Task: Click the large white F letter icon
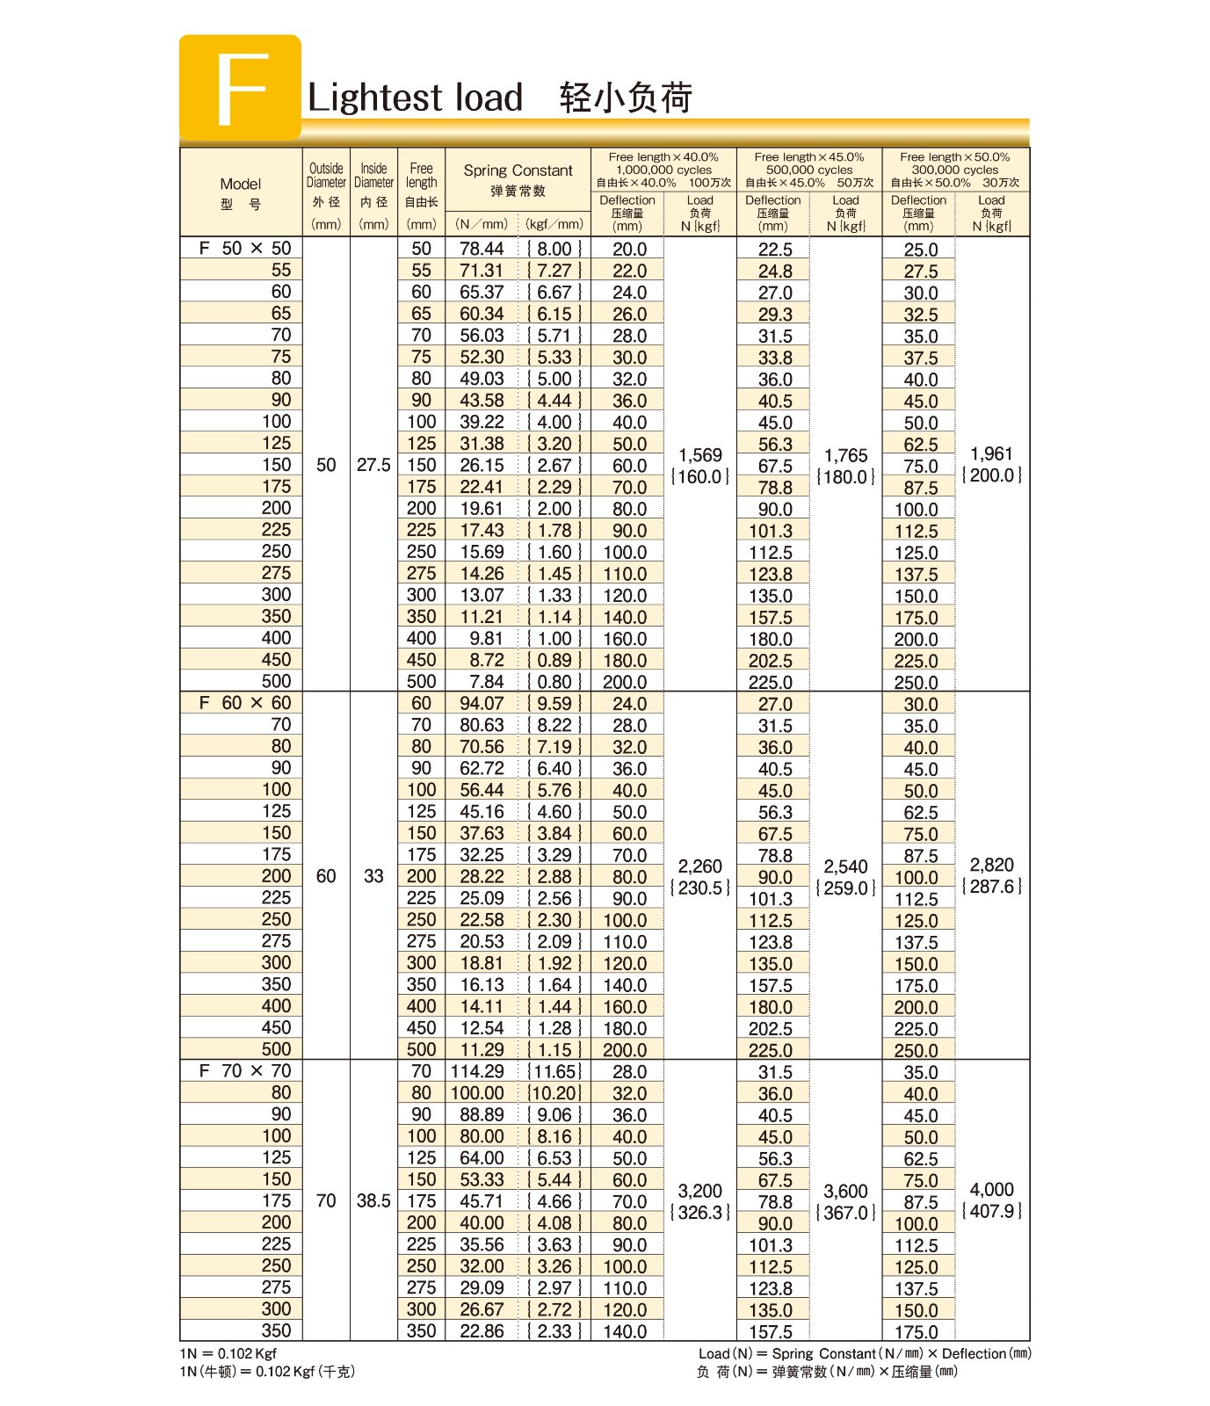tap(241, 89)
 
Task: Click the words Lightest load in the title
tap(415, 98)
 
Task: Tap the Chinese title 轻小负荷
tap(626, 98)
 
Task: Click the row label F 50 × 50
tap(244, 249)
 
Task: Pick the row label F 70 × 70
tap(244, 1071)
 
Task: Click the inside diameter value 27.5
tap(373, 465)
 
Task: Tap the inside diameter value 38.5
tap(373, 1200)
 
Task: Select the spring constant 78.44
tap(482, 250)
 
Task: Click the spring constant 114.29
tap(477, 1072)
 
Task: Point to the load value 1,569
tap(700, 455)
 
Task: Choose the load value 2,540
tap(846, 866)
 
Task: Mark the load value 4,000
tap(991, 1190)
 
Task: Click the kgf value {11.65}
tap(554, 1072)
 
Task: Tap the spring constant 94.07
tap(482, 704)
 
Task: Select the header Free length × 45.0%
tap(809, 157)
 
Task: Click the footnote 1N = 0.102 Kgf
tap(228, 1353)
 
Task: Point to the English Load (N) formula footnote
tap(865, 1353)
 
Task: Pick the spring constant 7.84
tap(486, 682)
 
